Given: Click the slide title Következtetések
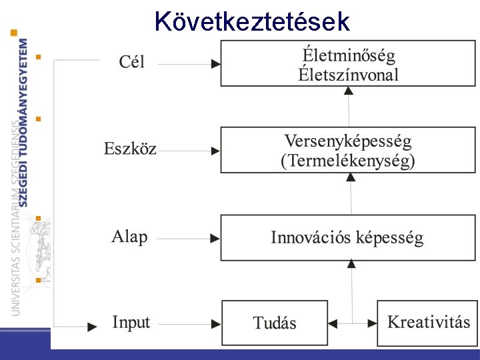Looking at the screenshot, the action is tap(251, 21).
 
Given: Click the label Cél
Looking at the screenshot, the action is tap(131, 62).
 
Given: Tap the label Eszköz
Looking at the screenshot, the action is tap(130, 149).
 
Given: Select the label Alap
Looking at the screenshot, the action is tap(129, 237).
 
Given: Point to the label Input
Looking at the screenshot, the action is tap(131, 323).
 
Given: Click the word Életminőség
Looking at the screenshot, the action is tap(348, 53).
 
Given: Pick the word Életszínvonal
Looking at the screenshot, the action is tap(348, 73).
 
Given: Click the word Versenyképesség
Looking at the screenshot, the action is tap(348, 141).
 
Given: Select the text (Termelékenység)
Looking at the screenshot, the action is tap(348, 161).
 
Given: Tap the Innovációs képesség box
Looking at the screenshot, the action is tap(347, 237).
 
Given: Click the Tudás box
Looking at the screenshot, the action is tap(275, 324).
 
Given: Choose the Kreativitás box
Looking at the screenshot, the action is tap(428, 323).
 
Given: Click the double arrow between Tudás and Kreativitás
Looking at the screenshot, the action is tap(353, 324).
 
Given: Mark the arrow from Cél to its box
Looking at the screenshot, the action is tap(190, 64).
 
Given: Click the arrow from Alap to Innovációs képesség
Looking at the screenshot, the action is tap(190, 237).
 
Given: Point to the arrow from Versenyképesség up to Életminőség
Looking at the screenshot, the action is tap(348, 107).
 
